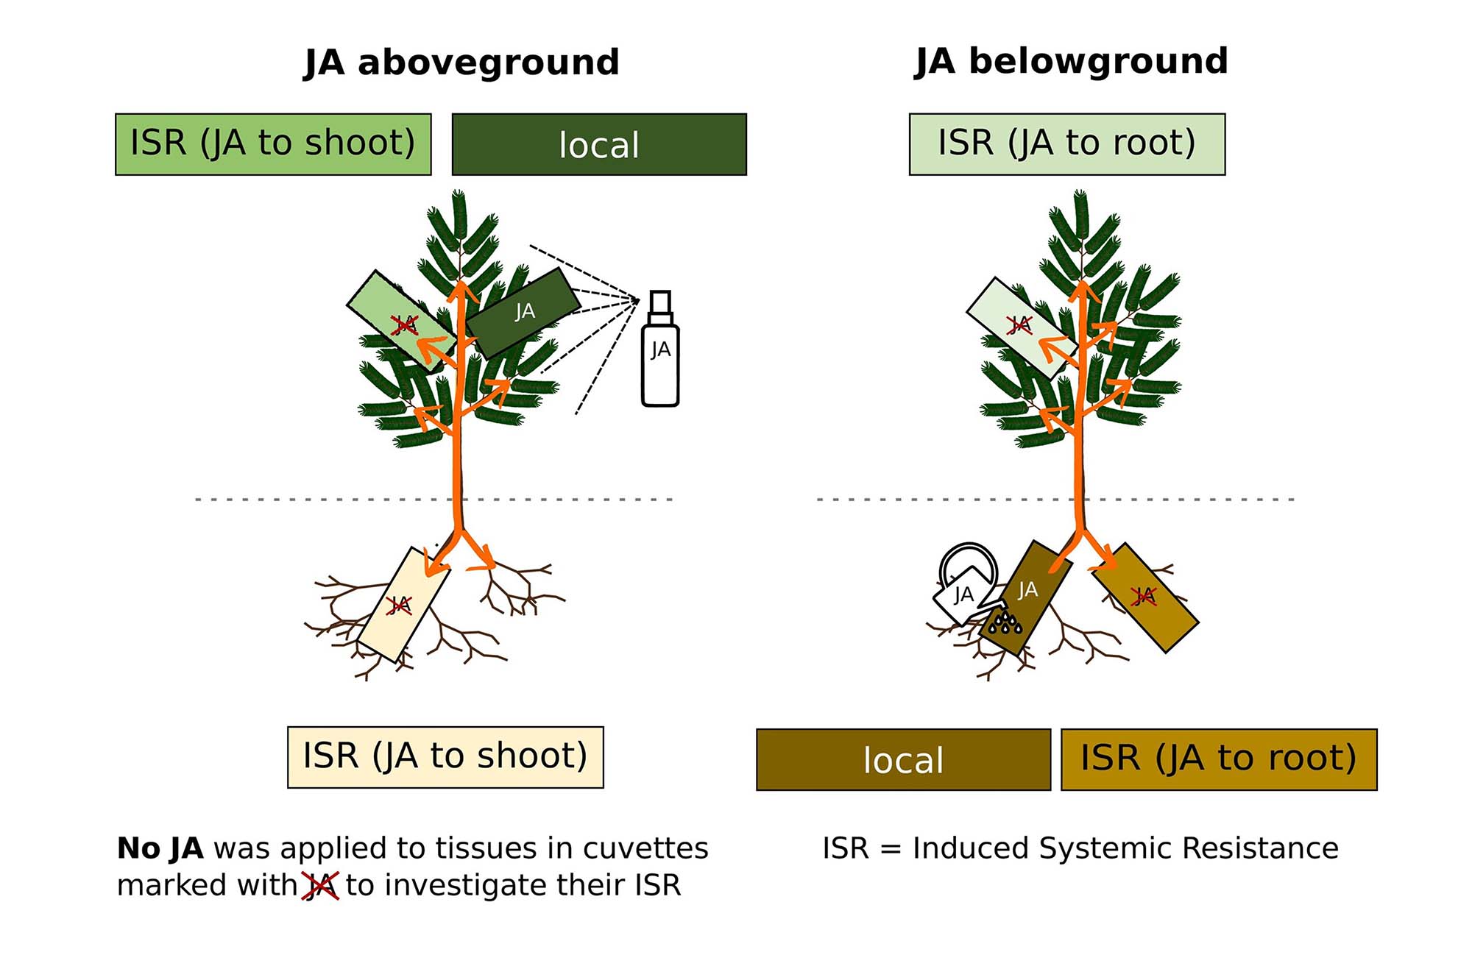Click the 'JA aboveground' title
point(461,63)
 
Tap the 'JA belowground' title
point(1071,61)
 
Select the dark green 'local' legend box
point(599,144)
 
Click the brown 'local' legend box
point(903,759)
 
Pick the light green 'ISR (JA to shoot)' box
point(273,144)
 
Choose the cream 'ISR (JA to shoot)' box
point(445,757)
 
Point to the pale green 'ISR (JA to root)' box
point(1067,144)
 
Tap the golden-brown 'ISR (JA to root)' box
point(1219,759)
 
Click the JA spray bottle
point(660,361)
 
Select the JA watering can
point(964,585)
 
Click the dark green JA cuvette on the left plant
point(524,312)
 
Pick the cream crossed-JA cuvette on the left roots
point(403,604)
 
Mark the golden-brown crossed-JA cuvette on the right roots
point(1145,597)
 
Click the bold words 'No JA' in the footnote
point(160,848)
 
